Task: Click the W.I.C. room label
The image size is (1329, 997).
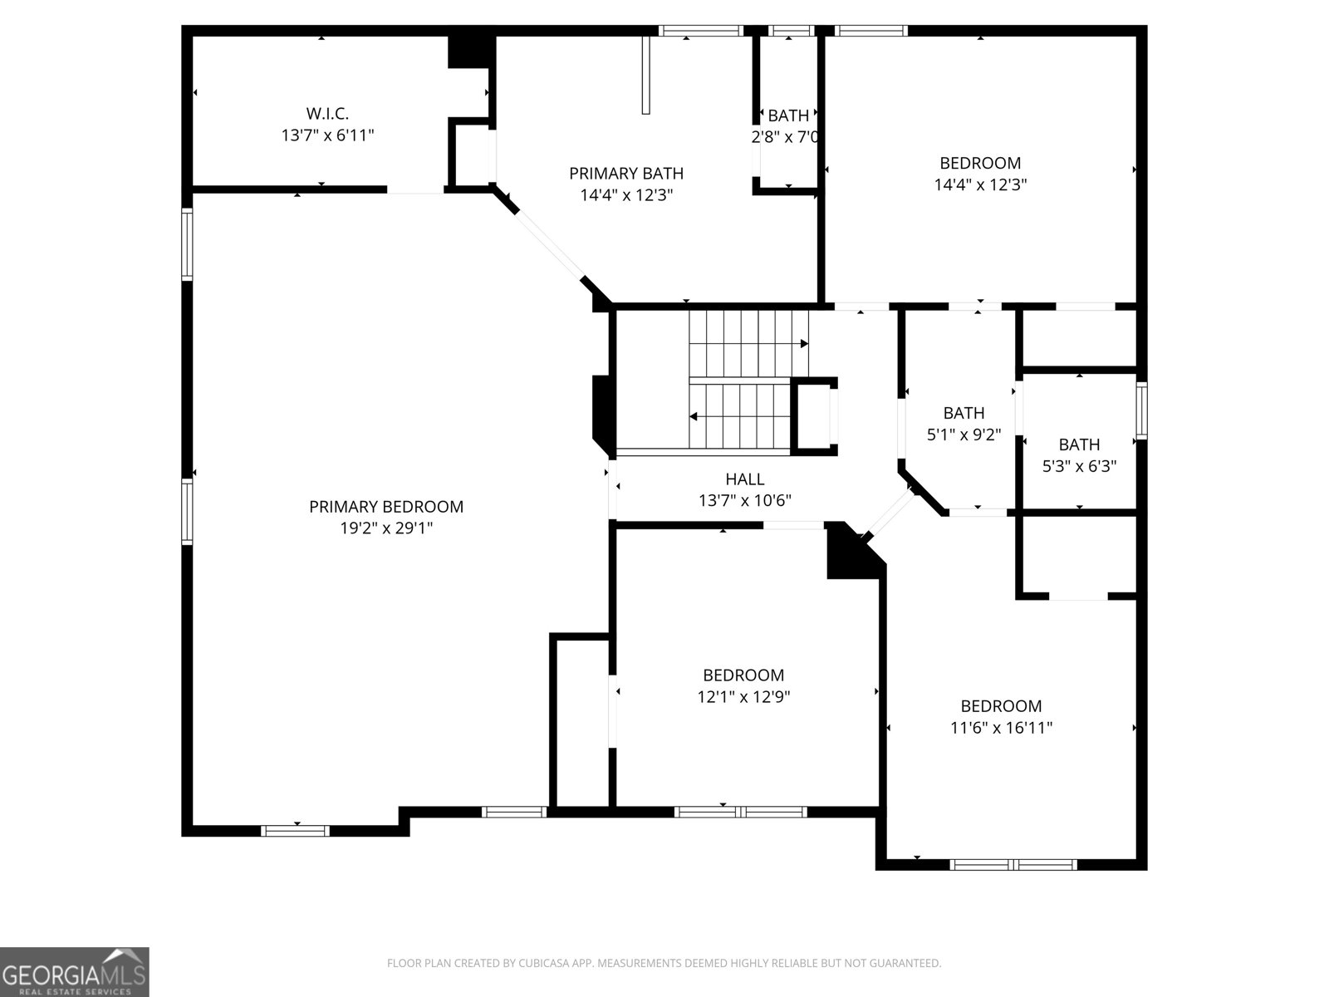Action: [327, 113]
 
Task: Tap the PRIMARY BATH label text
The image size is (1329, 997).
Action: [626, 174]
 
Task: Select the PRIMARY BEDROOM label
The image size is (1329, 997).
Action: [386, 507]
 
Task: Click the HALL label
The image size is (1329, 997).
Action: [745, 479]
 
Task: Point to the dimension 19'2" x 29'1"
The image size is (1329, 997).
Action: [386, 528]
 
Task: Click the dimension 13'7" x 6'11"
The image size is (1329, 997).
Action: [327, 135]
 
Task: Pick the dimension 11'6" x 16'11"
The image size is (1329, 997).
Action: [1002, 727]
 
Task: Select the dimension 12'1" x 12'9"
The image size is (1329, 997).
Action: [743, 696]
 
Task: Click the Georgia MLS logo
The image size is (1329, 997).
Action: [75, 971]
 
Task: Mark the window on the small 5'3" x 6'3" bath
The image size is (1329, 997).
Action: [1141, 410]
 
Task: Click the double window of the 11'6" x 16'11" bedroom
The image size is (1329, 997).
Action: [1013, 864]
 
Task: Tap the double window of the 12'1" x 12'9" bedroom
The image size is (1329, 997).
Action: [740, 812]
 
